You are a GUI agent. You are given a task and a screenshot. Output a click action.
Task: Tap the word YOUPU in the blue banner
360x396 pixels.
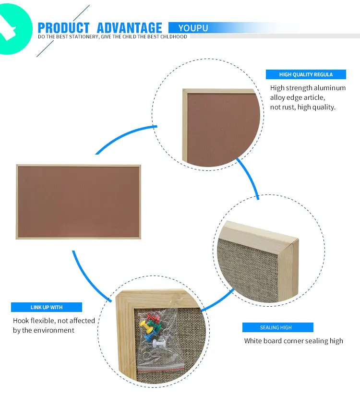[x=193, y=28]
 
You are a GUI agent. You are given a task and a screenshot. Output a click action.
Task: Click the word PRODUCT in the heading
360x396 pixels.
[x=63, y=28]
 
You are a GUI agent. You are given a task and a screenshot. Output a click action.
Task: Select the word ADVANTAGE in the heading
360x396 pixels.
[x=129, y=28]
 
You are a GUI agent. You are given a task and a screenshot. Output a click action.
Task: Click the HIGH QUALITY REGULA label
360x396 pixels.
[x=306, y=74]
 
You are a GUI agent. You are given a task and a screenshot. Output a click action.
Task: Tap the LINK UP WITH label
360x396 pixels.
[x=47, y=307]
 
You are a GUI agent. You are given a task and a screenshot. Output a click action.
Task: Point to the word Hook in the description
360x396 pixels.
[x=21, y=321]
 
